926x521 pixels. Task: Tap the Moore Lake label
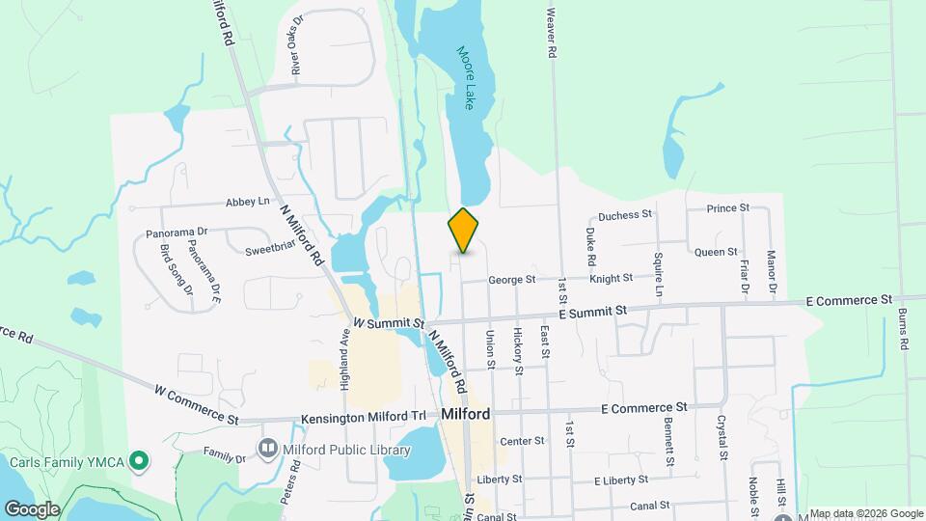468,78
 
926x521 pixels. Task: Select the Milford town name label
466,414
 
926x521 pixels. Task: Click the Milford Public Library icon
266,448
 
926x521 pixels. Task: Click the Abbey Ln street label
247,202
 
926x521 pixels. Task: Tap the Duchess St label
625,215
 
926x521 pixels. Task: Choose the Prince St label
727,208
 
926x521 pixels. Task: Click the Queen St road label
716,252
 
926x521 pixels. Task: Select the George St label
511,280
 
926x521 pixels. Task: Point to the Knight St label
611,278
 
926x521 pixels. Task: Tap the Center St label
523,441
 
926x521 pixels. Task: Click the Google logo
32,508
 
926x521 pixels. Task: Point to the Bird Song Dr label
175,269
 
